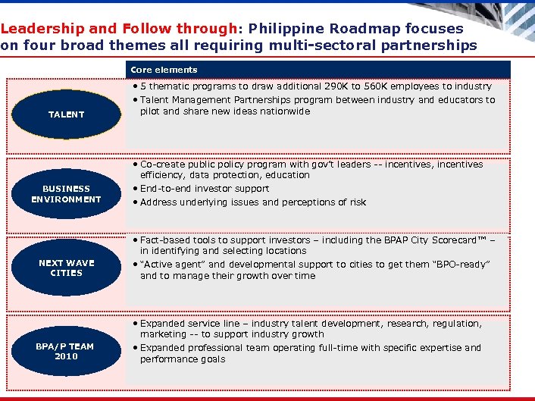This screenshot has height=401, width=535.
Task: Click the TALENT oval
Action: [x=66, y=114]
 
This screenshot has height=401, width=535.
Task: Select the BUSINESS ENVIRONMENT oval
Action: [x=66, y=194]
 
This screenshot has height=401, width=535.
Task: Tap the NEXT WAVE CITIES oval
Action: [x=66, y=268]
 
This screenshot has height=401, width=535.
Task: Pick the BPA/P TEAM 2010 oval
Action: [x=66, y=351]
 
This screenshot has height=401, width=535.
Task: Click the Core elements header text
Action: [x=164, y=70]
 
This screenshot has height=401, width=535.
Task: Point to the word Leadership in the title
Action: [x=42, y=29]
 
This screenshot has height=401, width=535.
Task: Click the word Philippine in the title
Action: [x=288, y=29]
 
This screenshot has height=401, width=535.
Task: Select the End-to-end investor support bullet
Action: [x=205, y=189]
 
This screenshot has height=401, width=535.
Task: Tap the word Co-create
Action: [x=162, y=164]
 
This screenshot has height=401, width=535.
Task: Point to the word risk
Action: [x=357, y=202]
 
